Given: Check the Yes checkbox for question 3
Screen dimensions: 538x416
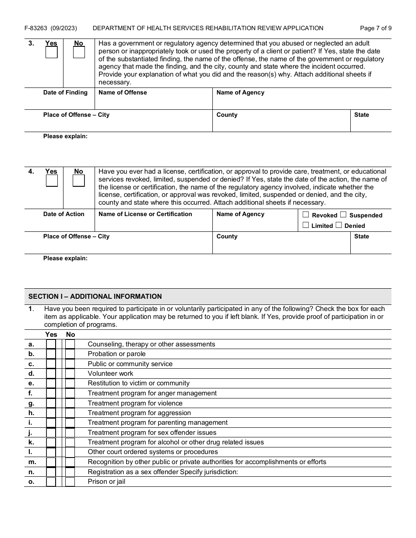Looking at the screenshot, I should tap(52, 52).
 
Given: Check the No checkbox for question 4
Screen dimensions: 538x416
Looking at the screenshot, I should tap(79, 181).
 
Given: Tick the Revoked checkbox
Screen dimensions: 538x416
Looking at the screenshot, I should tap(306, 215).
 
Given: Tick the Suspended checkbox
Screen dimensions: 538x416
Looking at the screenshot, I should tap(343, 215).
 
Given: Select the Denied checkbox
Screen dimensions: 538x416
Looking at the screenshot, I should tap(338, 225).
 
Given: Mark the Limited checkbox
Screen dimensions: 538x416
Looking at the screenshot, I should tap(306, 225).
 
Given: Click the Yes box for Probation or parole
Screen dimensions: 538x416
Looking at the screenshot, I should tap(51, 354).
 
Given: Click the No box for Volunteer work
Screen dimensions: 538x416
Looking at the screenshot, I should tap(70, 374).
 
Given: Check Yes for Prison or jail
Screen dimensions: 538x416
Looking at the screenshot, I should tap(51, 482).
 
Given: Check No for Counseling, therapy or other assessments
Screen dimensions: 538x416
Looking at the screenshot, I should tap(70, 344).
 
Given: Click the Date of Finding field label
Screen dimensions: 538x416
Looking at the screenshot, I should tap(65, 93).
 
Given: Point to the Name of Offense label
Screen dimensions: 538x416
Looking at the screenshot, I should tap(123, 93).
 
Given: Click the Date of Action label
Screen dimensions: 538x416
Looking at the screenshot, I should tap(63, 214).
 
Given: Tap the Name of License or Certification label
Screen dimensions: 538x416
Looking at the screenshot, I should tap(145, 214).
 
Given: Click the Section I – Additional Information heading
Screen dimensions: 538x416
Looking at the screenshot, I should tap(95, 297).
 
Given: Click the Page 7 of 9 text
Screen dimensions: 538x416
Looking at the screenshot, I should tap(376, 28).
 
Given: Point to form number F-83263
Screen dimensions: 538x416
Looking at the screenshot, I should tap(36, 28).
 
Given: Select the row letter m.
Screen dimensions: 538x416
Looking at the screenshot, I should tap(32, 462).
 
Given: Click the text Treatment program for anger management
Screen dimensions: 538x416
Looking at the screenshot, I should tap(152, 393).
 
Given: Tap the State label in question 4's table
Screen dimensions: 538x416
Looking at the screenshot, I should tap(362, 237).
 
